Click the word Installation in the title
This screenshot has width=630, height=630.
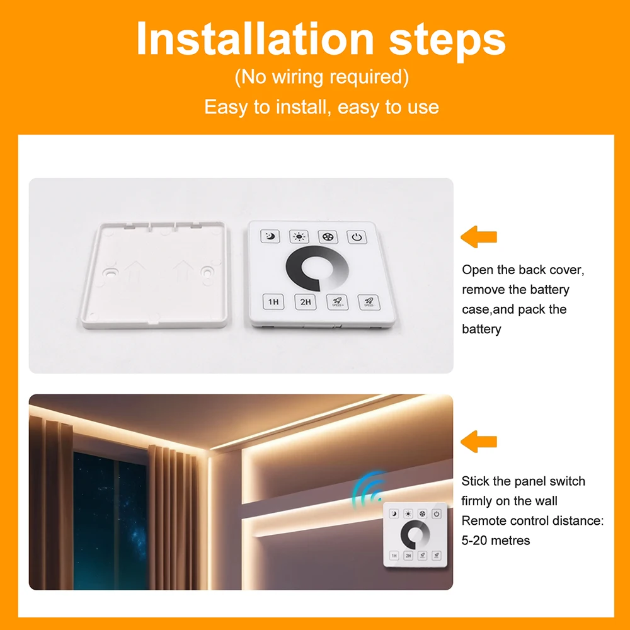click(x=255, y=38)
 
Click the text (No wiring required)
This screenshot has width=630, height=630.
click(x=322, y=77)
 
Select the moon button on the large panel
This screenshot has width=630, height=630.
click(x=270, y=236)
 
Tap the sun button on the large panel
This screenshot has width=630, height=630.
click(x=299, y=237)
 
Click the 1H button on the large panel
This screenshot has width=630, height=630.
click(x=273, y=302)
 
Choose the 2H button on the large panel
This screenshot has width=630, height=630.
click(x=306, y=302)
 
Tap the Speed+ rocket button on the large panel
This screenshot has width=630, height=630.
click(x=338, y=302)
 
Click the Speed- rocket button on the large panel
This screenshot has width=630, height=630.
click(x=369, y=302)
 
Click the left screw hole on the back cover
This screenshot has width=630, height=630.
click(x=110, y=272)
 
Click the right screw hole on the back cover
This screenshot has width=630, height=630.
click(x=207, y=272)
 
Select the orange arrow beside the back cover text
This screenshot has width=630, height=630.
click(x=479, y=237)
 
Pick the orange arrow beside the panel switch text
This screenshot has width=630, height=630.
click(x=479, y=442)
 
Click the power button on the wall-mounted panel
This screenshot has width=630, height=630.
click(x=437, y=513)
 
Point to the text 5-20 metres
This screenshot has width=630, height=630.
click(x=495, y=541)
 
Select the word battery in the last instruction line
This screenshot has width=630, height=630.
click(x=481, y=329)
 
